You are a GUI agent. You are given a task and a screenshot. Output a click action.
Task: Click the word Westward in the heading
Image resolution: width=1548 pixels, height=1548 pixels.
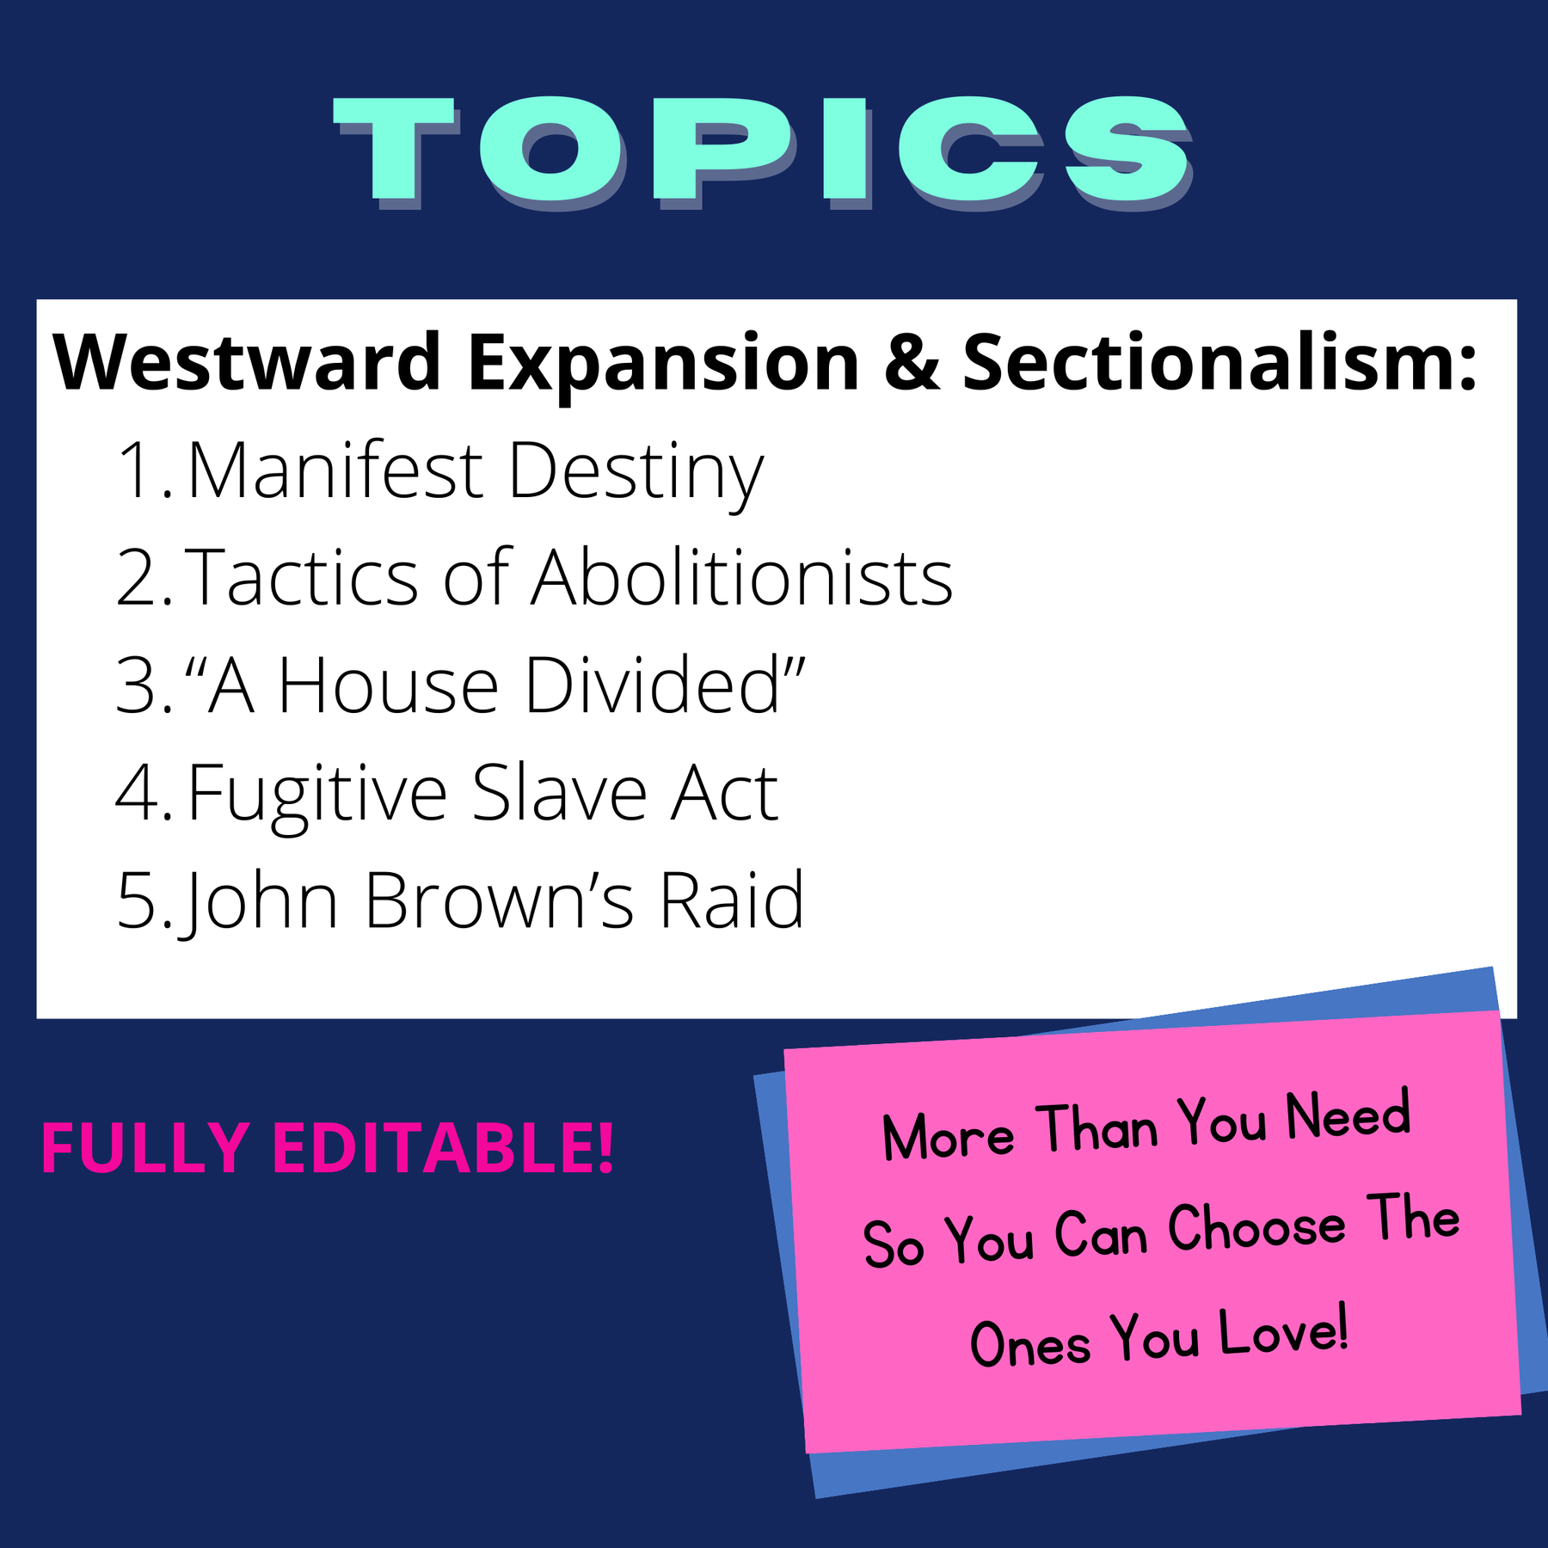(x=247, y=363)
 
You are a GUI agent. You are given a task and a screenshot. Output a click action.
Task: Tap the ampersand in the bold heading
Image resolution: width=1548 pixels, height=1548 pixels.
(x=911, y=363)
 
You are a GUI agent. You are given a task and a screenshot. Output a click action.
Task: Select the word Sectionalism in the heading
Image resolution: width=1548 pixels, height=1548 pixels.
(x=1219, y=363)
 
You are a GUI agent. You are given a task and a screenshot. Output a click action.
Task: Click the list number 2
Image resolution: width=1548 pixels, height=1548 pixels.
(x=138, y=578)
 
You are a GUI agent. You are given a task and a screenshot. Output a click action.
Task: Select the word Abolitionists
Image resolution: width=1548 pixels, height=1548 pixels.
(x=741, y=578)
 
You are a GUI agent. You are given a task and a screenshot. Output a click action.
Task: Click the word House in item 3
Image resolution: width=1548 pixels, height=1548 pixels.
(x=388, y=685)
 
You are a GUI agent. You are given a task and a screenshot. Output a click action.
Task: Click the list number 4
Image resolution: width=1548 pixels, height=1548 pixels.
(x=138, y=793)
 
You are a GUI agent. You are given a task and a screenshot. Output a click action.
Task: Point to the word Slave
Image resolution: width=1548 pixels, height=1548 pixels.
(x=559, y=793)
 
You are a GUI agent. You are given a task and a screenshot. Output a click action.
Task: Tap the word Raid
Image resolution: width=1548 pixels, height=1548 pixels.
(x=731, y=900)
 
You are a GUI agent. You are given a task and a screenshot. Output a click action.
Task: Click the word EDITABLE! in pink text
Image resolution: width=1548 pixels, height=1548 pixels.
(x=444, y=1148)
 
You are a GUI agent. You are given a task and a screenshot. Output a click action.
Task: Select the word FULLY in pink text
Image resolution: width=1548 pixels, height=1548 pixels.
(x=145, y=1148)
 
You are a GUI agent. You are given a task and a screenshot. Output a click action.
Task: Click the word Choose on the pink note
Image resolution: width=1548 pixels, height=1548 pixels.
(x=1256, y=1227)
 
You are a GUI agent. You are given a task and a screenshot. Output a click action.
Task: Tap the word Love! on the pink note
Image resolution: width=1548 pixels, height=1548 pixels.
(x=1283, y=1334)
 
